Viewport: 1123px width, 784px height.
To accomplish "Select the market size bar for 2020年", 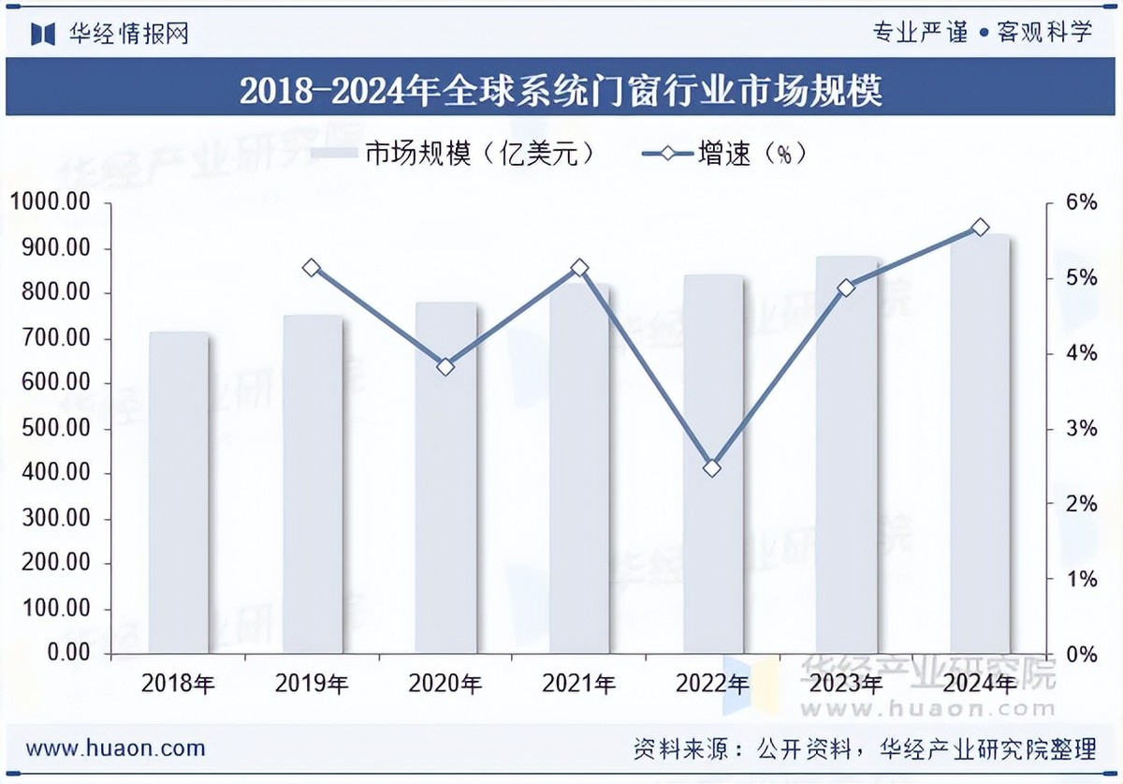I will [445, 478].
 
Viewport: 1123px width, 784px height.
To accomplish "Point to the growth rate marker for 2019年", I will [313, 268].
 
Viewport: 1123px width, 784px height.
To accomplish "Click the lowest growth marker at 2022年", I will [712, 467].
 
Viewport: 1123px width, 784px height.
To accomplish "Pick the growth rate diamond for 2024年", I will [980, 228].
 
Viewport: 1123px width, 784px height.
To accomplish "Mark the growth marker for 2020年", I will [445, 366].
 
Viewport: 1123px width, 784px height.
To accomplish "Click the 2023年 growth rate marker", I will [846, 288].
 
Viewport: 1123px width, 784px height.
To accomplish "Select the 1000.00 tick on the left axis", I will [51, 203].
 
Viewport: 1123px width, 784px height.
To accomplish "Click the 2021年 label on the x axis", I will [579, 685].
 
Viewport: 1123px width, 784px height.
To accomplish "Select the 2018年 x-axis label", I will [179, 685].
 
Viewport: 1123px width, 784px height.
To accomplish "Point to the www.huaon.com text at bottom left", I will [115, 748].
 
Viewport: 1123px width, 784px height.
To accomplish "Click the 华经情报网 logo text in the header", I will [129, 34].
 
